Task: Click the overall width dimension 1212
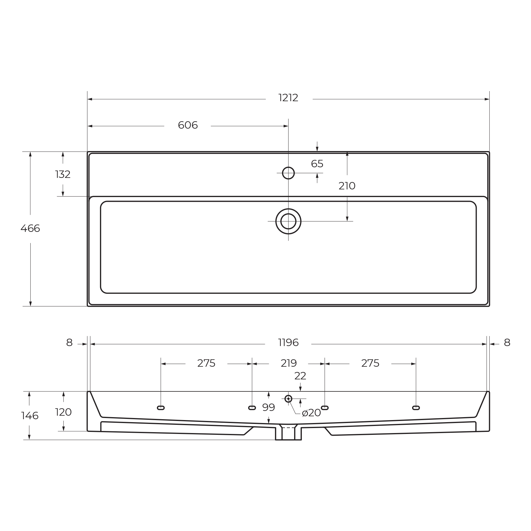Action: pyautogui.click(x=288, y=98)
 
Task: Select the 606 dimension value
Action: pyautogui.click(x=188, y=125)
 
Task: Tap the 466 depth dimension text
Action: pyautogui.click(x=30, y=228)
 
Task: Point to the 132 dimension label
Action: pyautogui.click(x=63, y=174)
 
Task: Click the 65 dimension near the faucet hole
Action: pyautogui.click(x=317, y=164)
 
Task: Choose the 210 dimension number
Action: pyautogui.click(x=347, y=186)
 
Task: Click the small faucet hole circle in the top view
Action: pyautogui.click(x=288, y=173)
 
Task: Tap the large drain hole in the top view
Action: pyautogui.click(x=288, y=221)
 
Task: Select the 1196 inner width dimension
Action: pyautogui.click(x=288, y=342)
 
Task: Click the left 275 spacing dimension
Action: pyautogui.click(x=206, y=363)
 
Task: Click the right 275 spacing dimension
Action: pyautogui.click(x=370, y=363)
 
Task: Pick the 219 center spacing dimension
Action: pyautogui.click(x=289, y=363)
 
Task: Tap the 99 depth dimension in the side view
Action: pyautogui.click(x=268, y=407)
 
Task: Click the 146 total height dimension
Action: pyautogui.click(x=30, y=416)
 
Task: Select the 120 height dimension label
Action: pyautogui.click(x=63, y=412)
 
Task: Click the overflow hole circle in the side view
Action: pyautogui.click(x=288, y=399)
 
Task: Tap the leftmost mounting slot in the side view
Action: pyautogui.click(x=161, y=408)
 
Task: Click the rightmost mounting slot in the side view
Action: pyautogui.click(x=416, y=408)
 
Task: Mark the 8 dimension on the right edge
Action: pyautogui.click(x=507, y=342)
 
